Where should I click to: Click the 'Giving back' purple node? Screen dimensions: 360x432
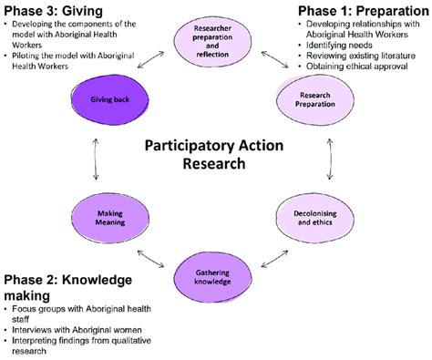point(106,93)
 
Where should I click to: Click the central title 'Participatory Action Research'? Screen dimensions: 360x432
point(216,156)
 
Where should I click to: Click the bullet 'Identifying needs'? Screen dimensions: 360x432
point(343,43)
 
